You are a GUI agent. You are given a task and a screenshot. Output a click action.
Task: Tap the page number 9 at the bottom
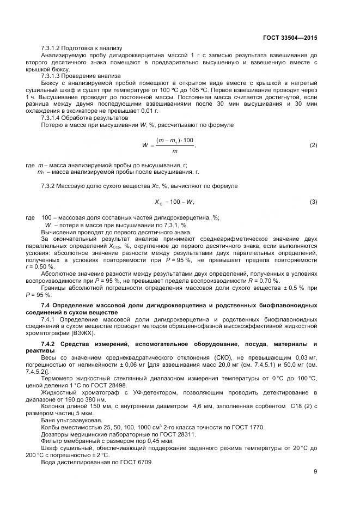click(x=315, y=472)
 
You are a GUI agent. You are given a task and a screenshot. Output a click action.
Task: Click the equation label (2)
click(x=313, y=145)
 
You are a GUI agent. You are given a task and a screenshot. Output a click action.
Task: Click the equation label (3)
click(x=313, y=202)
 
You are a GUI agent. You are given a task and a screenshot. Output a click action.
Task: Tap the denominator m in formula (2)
click(x=174, y=151)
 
